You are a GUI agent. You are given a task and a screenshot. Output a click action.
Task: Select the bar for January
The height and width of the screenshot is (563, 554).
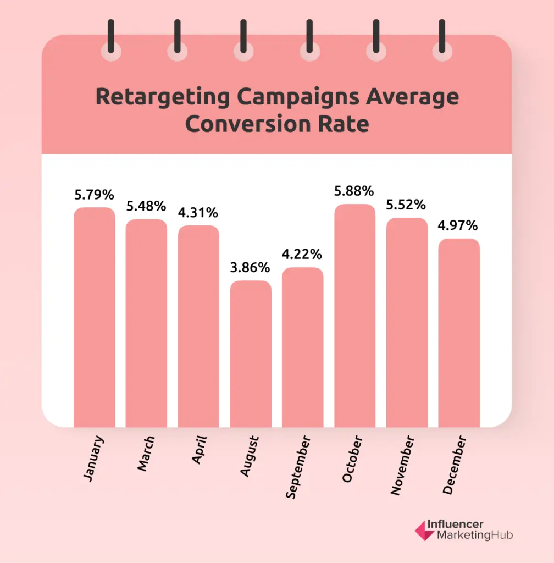(x=95, y=317)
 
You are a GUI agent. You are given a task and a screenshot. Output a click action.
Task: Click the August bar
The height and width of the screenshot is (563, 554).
(x=251, y=354)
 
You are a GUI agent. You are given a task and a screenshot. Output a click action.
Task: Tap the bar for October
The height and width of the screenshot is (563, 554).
(x=354, y=316)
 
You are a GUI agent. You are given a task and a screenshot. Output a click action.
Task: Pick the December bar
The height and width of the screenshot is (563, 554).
(x=459, y=333)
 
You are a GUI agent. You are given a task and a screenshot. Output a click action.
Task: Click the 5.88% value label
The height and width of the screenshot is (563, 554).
(x=354, y=191)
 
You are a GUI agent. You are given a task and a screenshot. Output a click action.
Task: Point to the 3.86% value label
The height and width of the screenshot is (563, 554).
(x=251, y=268)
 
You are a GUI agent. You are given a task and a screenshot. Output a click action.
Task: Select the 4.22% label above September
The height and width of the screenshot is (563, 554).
(x=302, y=255)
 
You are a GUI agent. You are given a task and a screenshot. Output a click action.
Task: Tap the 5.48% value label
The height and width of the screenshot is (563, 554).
(x=146, y=206)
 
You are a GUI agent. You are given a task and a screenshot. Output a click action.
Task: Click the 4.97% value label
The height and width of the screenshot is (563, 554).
(x=459, y=225)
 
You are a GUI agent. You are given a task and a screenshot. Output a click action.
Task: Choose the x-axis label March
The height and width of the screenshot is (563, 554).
(x=146, y=454)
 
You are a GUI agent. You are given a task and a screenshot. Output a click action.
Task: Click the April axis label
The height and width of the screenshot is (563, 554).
(x=199, y=450)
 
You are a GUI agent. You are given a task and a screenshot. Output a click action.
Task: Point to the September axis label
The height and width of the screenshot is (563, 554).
(x=298, y=468)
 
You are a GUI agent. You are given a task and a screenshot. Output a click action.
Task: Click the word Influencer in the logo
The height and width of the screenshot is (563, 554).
(x=459, y=525)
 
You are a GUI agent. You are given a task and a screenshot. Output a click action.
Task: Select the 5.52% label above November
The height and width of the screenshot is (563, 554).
(x=407, y=205)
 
